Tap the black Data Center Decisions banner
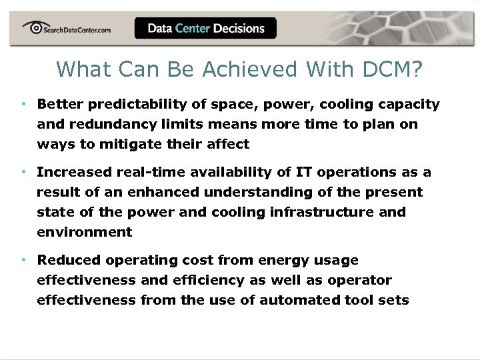205,28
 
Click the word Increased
74,172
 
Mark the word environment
84,232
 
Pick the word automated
297,300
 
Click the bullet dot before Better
23,105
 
